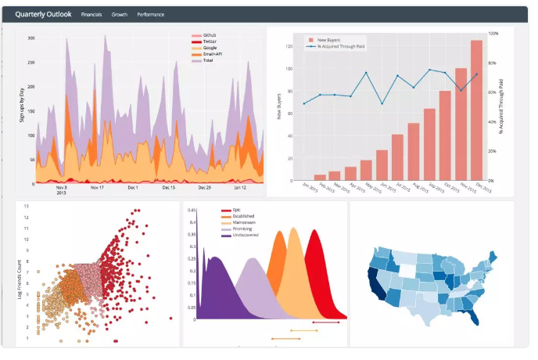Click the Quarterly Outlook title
click(x=43, y=14)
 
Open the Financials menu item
click(x=91, y=15)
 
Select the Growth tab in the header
click(x=120, y=15)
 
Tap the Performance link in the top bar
click(x=150, y=15)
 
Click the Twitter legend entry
click(x=209, y=41)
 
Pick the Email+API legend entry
click(x=212, y=54)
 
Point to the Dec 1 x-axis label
click(x=132, y=188)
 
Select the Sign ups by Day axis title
click(x=22, y=105)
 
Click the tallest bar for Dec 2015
click(x=476, y=110)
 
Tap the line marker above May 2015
click(x=366, y=74)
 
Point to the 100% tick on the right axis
click(x=493, y=34)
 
